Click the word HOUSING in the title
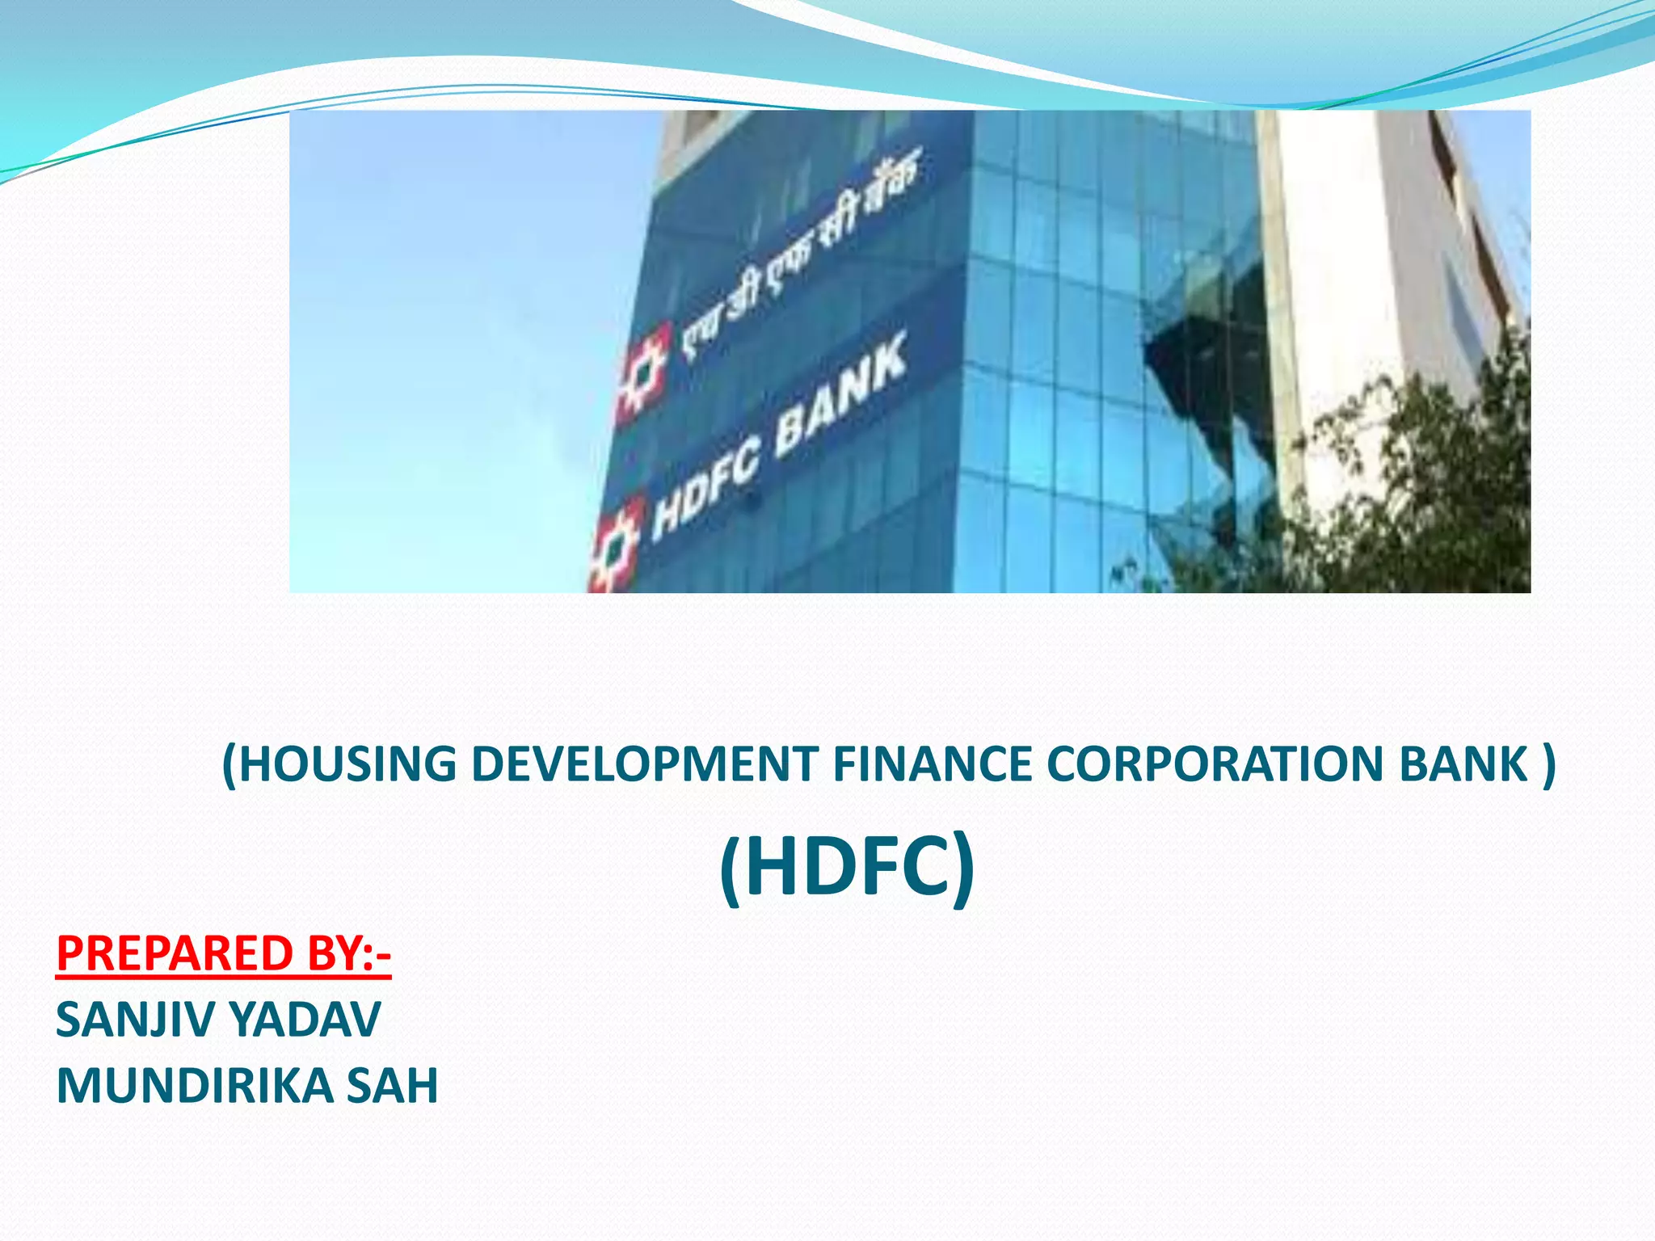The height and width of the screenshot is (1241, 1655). click(x=347, y=764)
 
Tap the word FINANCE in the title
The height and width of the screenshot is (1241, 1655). click(x=932, y=764)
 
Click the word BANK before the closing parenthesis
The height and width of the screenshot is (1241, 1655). click(x=1463, y=764)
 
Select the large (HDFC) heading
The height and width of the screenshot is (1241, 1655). click(x=846, y=868)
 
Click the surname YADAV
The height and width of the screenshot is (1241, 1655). click(x=308, y=1020)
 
